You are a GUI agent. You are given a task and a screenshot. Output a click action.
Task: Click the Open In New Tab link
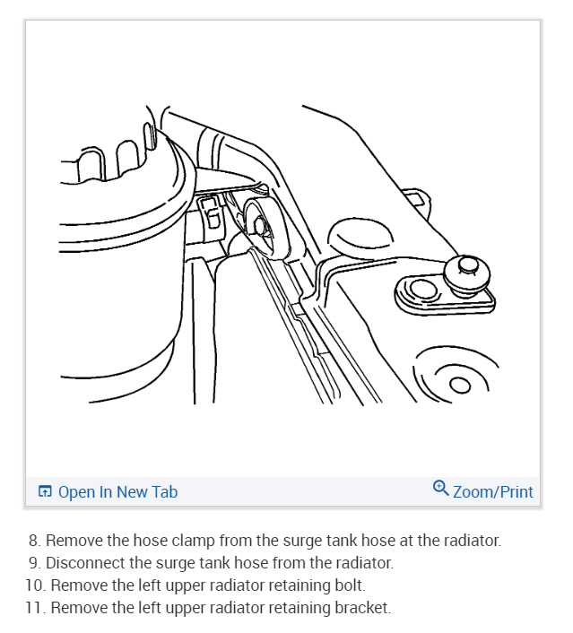[117, 491]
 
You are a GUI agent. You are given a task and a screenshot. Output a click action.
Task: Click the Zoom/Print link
[492, 491]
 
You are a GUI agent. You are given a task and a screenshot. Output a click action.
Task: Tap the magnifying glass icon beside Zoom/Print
[440, 488]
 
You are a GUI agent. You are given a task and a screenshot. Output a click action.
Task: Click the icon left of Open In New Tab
[45, 491]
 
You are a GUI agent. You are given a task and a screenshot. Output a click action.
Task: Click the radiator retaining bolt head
[467, 273]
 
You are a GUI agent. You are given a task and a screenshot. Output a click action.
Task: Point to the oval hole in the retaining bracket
[422, 290]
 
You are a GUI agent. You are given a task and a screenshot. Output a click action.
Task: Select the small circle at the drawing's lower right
[460, 385]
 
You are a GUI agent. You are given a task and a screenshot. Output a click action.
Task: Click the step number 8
[34, 541]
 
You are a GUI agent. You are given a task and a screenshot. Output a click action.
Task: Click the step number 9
[36, 563]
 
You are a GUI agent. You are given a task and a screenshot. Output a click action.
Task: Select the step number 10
[36, 585]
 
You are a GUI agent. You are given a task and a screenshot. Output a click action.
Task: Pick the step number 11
[36, 607]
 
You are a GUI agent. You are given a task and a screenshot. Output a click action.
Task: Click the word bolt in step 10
[350, 585]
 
